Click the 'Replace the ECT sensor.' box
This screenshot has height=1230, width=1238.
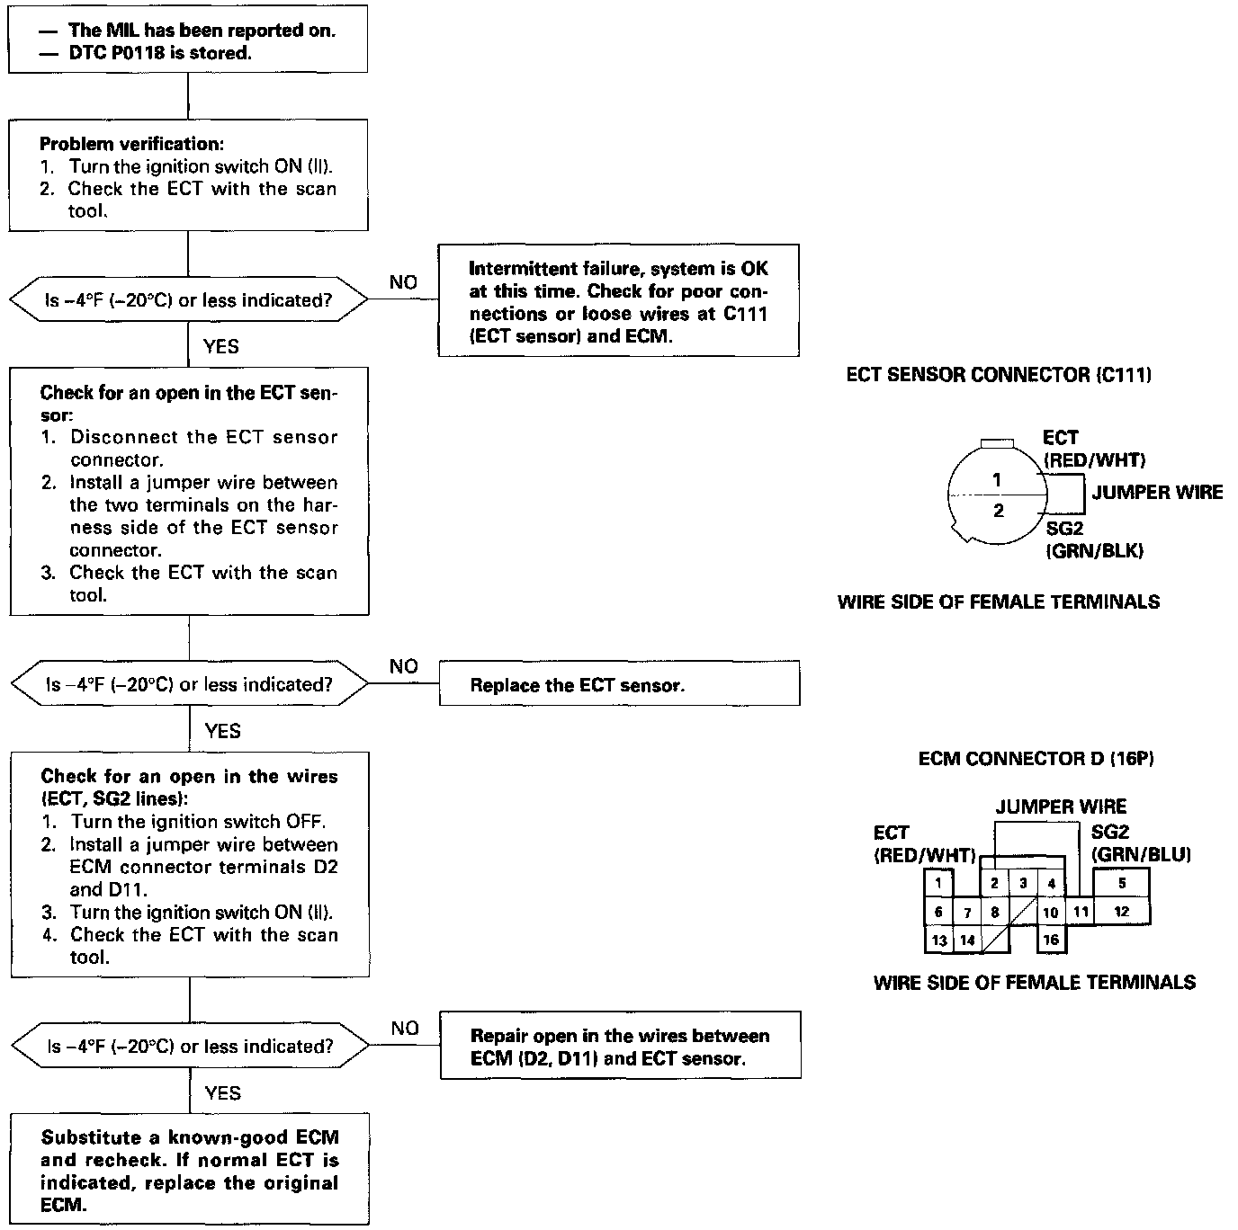(619, 685)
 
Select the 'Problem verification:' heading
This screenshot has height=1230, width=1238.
(132, 144)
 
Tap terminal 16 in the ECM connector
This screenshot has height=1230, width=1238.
(1051, 940)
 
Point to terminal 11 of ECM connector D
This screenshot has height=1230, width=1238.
(1081, 912)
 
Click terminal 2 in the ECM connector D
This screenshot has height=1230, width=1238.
(994, 883)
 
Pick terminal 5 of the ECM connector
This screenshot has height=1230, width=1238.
(1121, 883)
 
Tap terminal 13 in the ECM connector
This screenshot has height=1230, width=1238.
(938, 940)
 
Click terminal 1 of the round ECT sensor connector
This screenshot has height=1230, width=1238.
(996, 481)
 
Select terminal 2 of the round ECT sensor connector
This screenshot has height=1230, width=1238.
(998, 511)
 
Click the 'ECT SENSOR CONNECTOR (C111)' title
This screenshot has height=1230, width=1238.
(999, 375)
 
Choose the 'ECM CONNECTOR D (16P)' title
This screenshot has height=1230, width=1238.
(1036, 759)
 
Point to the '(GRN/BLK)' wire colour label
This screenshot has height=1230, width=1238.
(1094, 551)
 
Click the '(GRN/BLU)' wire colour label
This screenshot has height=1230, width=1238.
(1141, 854)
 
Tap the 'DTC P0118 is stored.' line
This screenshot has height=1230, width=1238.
(159, 53)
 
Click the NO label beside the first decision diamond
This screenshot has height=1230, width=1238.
(403, 282)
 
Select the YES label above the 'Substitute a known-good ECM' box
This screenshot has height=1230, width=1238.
(222, 1092)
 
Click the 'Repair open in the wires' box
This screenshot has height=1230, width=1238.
(620, 1047)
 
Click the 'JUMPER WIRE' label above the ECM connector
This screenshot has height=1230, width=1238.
(1061, 807)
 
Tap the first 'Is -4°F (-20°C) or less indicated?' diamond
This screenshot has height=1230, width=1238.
(189, 301)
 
